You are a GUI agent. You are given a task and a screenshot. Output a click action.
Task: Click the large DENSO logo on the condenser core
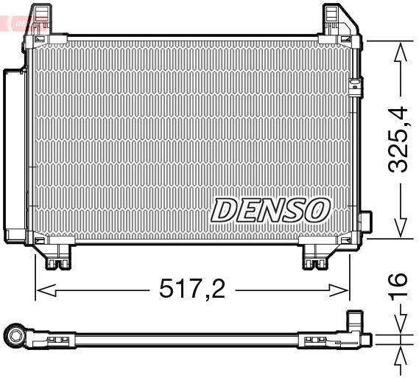coord(270,209)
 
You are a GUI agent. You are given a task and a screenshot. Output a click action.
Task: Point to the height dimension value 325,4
coord(398,140)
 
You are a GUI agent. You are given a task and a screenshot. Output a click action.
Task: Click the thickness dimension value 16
coord(398,286)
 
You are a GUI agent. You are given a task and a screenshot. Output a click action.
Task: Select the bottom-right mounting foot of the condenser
coord(318,257)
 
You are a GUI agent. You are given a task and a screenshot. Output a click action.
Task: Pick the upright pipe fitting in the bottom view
coord(356,325)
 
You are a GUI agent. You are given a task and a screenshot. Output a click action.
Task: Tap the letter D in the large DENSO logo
coord(224,209)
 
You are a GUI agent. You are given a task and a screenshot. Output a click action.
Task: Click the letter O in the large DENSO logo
coord(316,209)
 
